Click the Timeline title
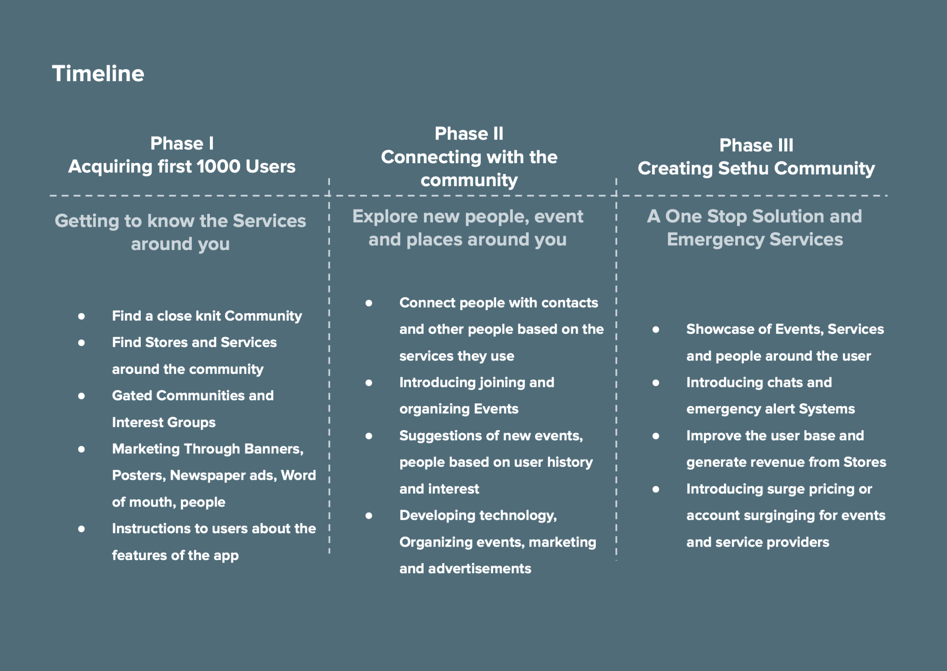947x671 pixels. [98, 73]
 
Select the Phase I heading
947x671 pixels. [182, 144]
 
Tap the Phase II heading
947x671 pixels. [469, 134]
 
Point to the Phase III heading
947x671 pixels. [756, 146]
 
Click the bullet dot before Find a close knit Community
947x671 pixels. [81, 317]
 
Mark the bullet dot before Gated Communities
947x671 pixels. [81, 396]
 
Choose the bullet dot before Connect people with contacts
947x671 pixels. [369, 303]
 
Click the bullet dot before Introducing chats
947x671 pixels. [656, 383]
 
